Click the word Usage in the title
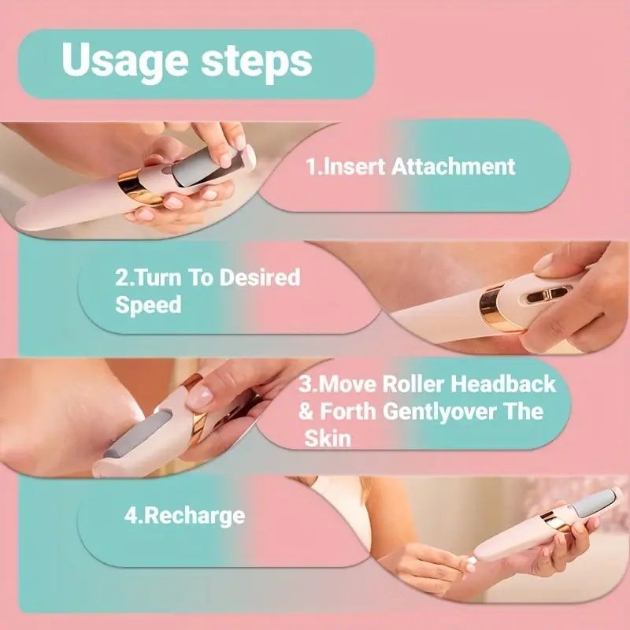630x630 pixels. pyautogui.click(x=125, y=61)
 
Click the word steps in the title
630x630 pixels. pyautogui.click(x=257, y=61)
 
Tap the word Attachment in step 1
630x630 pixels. pyautogui.click(x=453, y=166)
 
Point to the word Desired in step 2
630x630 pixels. pyautogui.click(x=260, y=277)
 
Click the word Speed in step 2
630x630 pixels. pyautogui.click(x=148, y=306)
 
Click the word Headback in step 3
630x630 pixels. pyautogui.click(x=502, y=384)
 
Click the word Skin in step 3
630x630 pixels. pyautogui.click(x=328, y=439)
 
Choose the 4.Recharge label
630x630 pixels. pyautogui.click(x=184, y=517)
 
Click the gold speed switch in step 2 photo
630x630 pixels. pyautogui.click(x=548, y=296)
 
